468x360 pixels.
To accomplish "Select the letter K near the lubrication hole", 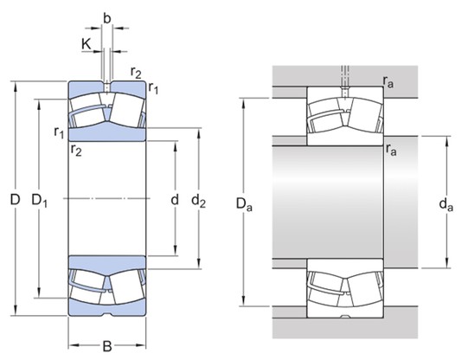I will point(87,41).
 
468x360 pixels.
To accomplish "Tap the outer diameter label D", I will point(15,200).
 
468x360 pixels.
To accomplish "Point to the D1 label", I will point(39,201).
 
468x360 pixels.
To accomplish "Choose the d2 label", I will point(198,202).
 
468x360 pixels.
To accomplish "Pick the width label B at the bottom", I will point(106,347).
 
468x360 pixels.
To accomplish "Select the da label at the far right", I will point(446,206).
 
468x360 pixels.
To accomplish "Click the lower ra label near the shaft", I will point(391,150).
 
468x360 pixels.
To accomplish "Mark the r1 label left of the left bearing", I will point(59,132).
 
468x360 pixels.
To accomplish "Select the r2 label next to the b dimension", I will point(137,72).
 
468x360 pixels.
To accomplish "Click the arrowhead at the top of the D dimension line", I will point(15,85).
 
